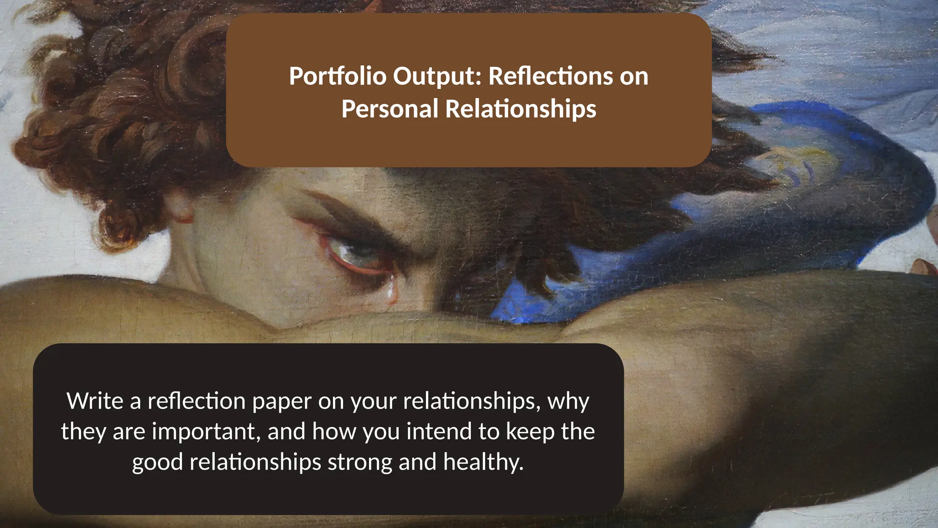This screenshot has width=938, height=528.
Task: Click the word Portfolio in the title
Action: (x=338, y=76)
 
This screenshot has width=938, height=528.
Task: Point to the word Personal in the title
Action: (x=390, y=109)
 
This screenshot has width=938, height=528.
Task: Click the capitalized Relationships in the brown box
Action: (x=521, y=109)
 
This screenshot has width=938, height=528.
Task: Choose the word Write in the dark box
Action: (x=95, y=401)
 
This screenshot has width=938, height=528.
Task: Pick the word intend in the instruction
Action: (x=439, y=432)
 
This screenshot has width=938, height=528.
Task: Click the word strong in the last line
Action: (x=360, y=462)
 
